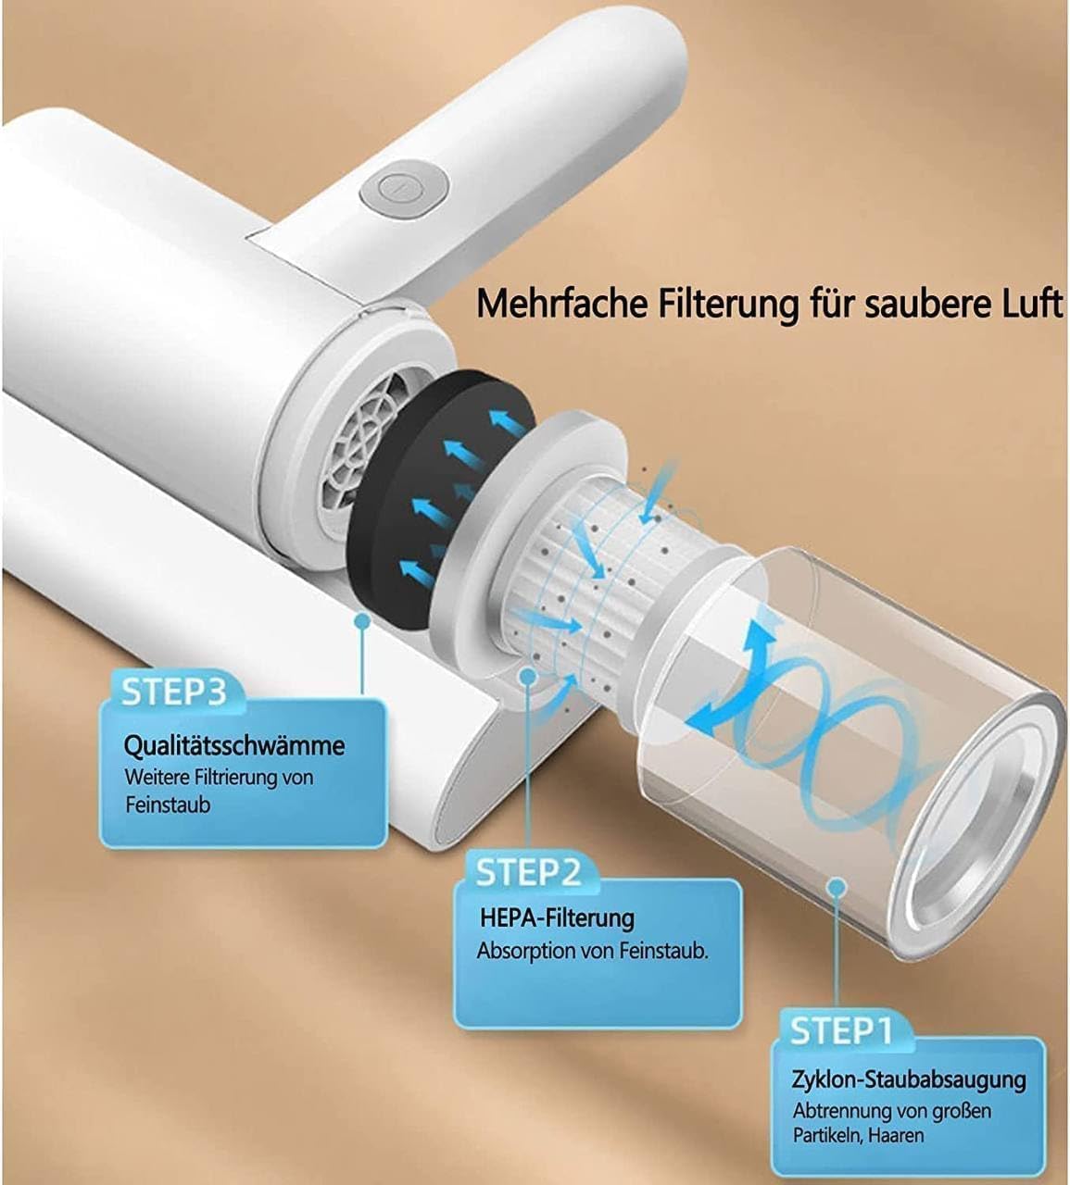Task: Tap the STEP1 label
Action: pos(841,1029)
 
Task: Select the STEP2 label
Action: pos(528,872)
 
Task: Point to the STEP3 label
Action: pos(174,692)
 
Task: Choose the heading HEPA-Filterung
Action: pos(557,918)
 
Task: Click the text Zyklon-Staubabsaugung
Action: pos(909,1079)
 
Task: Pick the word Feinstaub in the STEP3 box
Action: pos(168,805)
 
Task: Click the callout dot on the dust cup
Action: pos(837,887)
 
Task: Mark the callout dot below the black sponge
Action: pos(361,622)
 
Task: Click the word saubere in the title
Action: pos(916,304)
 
